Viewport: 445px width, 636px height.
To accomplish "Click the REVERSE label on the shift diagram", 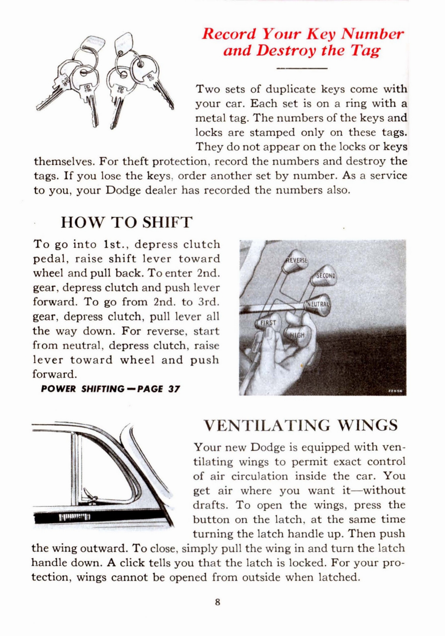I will tap(298, 260).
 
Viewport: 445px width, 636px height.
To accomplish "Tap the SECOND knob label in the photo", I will tap(326, 275).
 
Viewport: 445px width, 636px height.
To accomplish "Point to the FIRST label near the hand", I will tap(268, 323).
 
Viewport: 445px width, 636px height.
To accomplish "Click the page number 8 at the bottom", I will tap(217, 602).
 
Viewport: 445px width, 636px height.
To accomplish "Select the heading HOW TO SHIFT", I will tap(126, 222).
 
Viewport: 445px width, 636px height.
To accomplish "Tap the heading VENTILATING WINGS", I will tap(300, 425).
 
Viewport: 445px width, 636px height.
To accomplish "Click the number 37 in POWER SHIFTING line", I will tap(174, 389).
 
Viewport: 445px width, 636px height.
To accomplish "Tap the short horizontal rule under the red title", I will tap(301, 68).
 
